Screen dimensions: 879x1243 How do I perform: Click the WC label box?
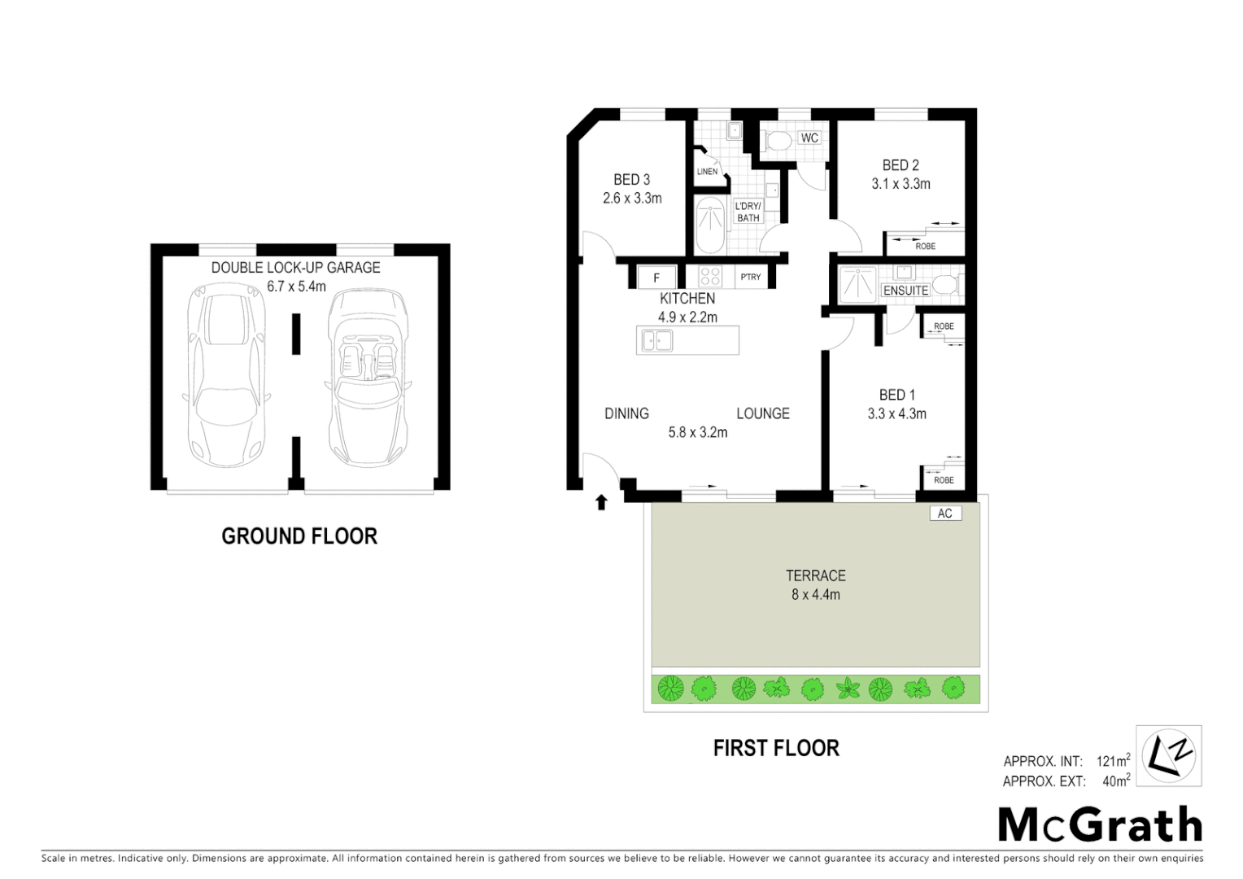(x=809, y=138)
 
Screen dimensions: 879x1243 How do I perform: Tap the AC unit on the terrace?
(x=944, y=514)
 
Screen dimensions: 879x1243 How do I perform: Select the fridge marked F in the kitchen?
(x=656, y=278)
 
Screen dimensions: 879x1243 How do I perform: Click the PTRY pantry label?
(x=750, y=278)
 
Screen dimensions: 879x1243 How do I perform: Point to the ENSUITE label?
(x=905, y=291)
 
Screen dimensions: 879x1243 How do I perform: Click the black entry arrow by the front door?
(x=601, y=502)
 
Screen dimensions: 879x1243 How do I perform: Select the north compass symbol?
(x=1168, y=756)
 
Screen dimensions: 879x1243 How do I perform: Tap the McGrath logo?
(x=1100, y=825)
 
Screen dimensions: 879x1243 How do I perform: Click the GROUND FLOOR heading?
(x=299, y=536)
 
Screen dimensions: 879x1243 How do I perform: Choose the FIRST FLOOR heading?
(x=776, y=748)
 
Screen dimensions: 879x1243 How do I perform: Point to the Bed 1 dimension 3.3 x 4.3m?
(x=896, y=413)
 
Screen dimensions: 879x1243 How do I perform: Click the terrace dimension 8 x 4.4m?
(x=815, y=595)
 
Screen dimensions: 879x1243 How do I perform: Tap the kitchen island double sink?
(x=656, y=340)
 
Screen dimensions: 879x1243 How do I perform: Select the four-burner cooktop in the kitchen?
(x=710, y=277)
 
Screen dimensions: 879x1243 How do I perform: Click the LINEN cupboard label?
(x=707, y=172)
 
